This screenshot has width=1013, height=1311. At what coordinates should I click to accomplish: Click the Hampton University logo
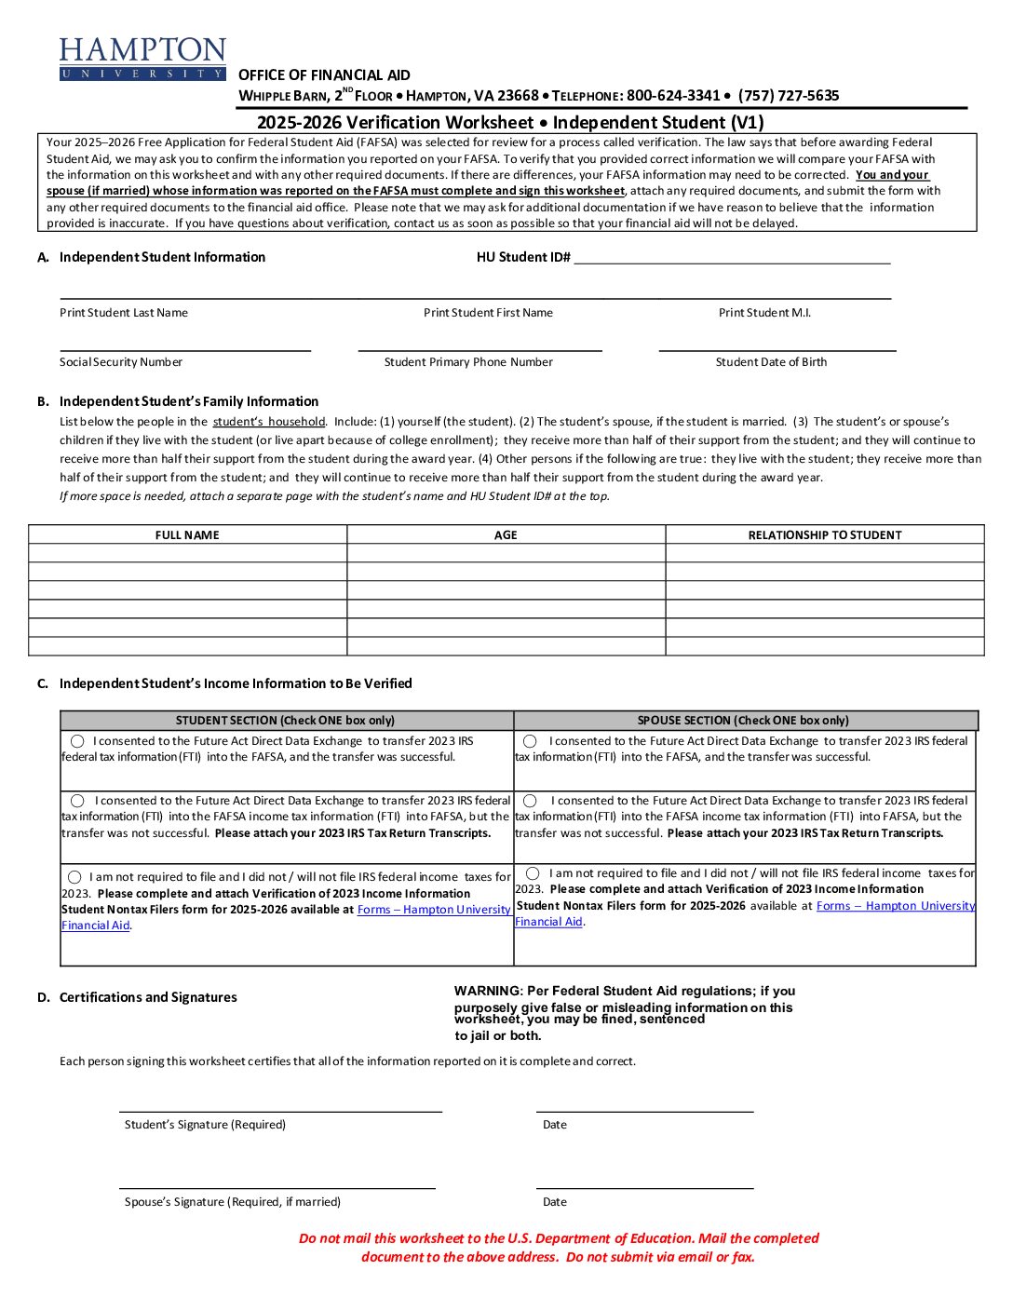click(x=142, y=59)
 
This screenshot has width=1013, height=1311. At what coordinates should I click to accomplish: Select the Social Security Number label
click(x=121, y=362)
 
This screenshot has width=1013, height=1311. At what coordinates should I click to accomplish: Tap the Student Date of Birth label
click(x=771, y=362)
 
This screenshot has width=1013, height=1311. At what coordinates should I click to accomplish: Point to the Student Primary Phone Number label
click(x=468, y=362)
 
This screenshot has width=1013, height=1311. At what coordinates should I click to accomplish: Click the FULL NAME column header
click(x=187, y=535)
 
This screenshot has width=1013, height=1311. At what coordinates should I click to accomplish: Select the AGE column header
click(x=506, y=535)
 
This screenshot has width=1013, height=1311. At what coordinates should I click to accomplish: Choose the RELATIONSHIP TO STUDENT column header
click(x=825, y=535)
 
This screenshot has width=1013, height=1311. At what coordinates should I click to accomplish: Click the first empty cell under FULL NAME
click(x=187, y=553)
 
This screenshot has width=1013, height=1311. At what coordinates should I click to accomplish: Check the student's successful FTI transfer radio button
click(x=77, y=741)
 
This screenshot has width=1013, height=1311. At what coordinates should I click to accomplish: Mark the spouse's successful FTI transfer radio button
click(x=530, y=741)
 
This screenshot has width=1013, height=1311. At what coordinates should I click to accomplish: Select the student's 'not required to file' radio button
click(x=74, y=877)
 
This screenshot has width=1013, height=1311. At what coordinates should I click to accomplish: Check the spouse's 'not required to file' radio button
click(x=533, y=873)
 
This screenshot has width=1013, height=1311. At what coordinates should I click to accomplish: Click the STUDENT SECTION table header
click(x=285, y=721)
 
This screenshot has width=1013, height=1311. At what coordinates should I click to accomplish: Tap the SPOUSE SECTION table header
click(x=743, y=721)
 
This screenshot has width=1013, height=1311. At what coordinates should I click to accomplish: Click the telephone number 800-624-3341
click(x=673, y=96)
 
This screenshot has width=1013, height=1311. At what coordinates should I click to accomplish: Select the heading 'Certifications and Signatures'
click(x=148, y=997)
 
